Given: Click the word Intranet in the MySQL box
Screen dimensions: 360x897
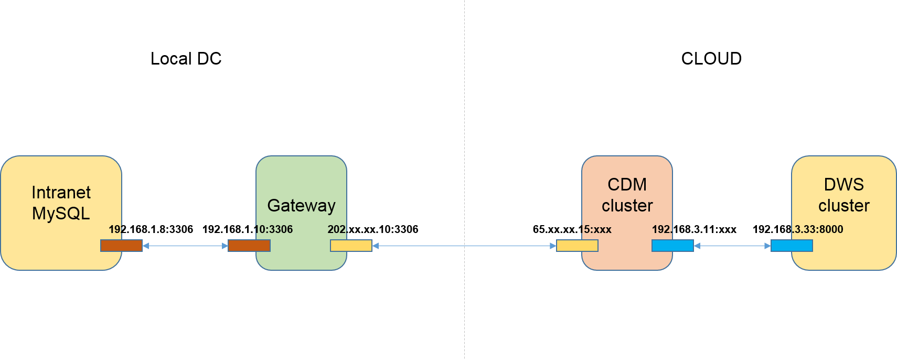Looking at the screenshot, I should click(x=61, y=193).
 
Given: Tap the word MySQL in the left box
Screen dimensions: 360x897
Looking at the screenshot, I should click(x=61, y=214).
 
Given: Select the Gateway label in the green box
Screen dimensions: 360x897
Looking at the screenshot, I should click(x=301, y=205).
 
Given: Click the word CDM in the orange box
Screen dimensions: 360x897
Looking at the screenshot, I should click(x=627, y=185).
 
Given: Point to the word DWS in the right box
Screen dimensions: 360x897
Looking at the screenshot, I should click(x=843, y=185).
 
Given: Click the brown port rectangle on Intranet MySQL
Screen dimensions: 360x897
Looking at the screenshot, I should click(x=121, y=246).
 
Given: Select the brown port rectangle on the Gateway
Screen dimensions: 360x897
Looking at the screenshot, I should click(x=249, y=246).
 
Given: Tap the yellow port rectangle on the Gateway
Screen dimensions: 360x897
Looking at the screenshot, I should click(x=351, y=246).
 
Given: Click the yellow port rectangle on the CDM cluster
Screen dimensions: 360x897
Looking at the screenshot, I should click(x=577, y=246).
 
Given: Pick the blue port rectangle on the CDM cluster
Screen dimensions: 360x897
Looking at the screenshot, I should click(x=672, y=246).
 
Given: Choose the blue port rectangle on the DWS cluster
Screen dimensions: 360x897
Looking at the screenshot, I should click(x=792, y=246).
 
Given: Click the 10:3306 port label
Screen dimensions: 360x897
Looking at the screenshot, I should click(x=273, y=229).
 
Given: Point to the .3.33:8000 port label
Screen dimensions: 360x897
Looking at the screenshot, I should click(x=817, y=229).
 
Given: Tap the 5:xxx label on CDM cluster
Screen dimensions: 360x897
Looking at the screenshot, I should click(x=596, y=229).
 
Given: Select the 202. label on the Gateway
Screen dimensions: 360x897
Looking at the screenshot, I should click(x=337, y=229).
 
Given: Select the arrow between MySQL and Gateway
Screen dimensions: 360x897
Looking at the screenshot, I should click(x=185, y=246).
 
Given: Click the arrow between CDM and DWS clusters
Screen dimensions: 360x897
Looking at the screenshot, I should click(x=732, y=246).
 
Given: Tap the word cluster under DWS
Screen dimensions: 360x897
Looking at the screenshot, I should click(x=843, y=206).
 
